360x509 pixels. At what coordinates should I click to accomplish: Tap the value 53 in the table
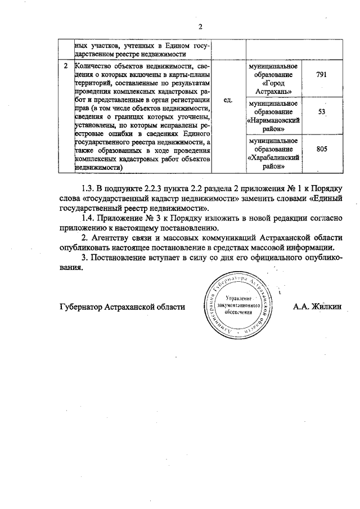[322, 112]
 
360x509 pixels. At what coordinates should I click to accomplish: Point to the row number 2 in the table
[66, 67]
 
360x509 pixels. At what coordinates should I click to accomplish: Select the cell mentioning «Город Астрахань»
[272, 79]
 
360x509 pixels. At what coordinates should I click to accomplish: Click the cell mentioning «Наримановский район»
[272, 116]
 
